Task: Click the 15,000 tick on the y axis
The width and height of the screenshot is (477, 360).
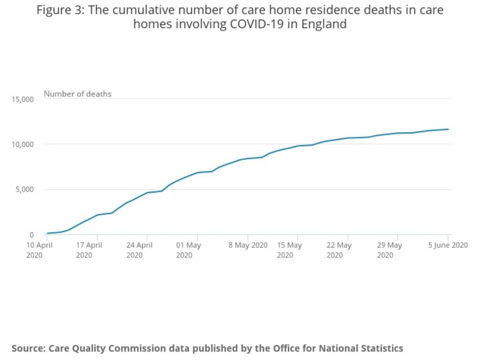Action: [x=22, y=99]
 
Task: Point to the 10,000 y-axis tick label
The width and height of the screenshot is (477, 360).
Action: [x=22, y=144]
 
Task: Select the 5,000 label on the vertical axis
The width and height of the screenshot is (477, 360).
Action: [x=24, y=190]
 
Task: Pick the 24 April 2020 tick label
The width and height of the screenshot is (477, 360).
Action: [x=139, y=250]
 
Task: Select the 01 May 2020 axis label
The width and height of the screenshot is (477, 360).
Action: [x=188, y=250]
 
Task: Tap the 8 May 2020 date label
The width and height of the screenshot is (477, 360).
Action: [x=248, y=246]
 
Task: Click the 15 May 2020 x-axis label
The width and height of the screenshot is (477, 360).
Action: [x=289, y=250]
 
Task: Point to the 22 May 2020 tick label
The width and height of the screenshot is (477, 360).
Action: [x=339, y=250]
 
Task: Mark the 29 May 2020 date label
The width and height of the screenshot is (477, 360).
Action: [x=389, y=250]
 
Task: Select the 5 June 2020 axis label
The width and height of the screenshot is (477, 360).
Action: [x=447, y=246]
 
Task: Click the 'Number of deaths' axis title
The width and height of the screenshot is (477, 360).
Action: [x=77, y=94]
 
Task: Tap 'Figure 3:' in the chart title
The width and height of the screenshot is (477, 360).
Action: [x=56, y=10]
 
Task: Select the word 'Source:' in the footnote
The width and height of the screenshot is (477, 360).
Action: [x=28, y=348]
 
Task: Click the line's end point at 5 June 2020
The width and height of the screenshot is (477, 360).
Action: [x=448, y=129]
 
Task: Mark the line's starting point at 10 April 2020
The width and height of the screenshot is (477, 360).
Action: [x=47, y=233]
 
